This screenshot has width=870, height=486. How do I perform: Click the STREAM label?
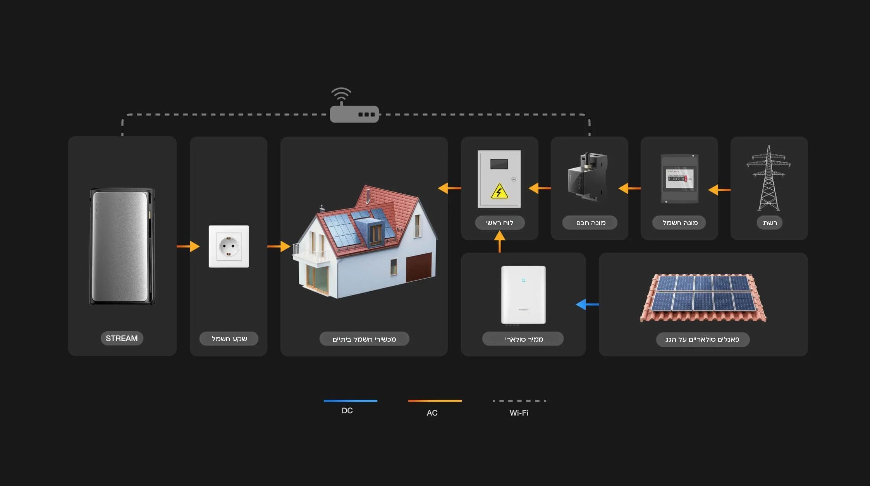click(x=122, y=338)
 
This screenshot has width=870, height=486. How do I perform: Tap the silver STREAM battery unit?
click(x=122, y=246)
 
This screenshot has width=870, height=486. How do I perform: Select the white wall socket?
click(x=229, y=246)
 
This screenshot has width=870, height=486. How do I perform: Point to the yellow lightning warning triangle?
click(x=499, y=191)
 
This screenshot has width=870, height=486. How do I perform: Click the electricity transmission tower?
click(x=769, y=178)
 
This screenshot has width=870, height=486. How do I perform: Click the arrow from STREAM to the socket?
click(x=188, y=246)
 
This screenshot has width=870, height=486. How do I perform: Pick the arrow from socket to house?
click(x=279, y=246)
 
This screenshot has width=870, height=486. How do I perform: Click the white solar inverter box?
click(x=523, y=295)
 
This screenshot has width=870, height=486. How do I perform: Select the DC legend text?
click(x=347, y=411)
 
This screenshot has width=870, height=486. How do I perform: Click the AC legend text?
click(x=432, y=413)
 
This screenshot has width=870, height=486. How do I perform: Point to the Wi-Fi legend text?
click(x=519, y=413)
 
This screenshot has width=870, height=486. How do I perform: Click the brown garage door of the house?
click(x=419, y=267)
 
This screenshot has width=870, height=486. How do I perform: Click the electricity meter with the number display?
click(x=679, y=179)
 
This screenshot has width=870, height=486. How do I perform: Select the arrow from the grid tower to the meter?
click(x=719, y=190)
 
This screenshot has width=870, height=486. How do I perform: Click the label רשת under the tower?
click(x=770, y=223)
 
